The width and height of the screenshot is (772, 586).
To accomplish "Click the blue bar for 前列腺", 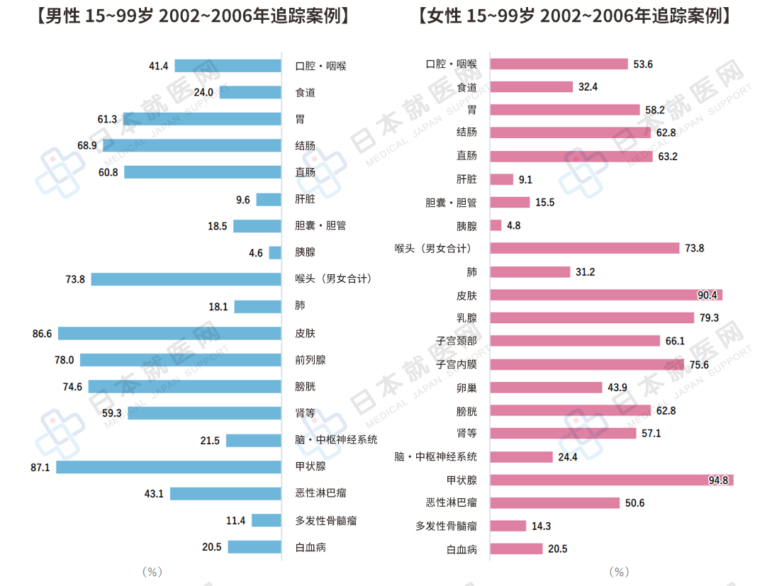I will (180, 360).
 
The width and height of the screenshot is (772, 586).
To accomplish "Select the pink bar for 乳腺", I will (592, 317).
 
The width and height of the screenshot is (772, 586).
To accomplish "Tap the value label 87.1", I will (41, 467).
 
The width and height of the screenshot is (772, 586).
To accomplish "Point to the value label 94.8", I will (718, 480).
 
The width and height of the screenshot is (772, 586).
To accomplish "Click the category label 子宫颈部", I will (457, 342).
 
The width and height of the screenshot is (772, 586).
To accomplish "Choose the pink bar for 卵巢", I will (546, 388).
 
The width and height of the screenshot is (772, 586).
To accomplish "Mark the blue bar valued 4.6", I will (275, 252).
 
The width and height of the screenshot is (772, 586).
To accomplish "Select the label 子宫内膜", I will (457, 365).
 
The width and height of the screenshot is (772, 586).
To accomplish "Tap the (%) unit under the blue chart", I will (152, 571).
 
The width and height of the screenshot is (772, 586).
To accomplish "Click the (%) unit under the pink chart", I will (619, 571).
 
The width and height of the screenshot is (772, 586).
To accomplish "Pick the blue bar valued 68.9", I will (191, 145).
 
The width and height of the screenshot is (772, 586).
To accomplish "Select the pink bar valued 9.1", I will (501, 179).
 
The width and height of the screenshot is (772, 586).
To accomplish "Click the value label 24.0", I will (203, 92).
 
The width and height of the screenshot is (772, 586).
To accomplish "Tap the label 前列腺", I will (311, 360).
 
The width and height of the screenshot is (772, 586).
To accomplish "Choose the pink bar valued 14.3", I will (508, 526).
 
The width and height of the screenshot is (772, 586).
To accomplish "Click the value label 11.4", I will (235, 521).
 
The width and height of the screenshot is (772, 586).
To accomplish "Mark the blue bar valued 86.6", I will (169, 333).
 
